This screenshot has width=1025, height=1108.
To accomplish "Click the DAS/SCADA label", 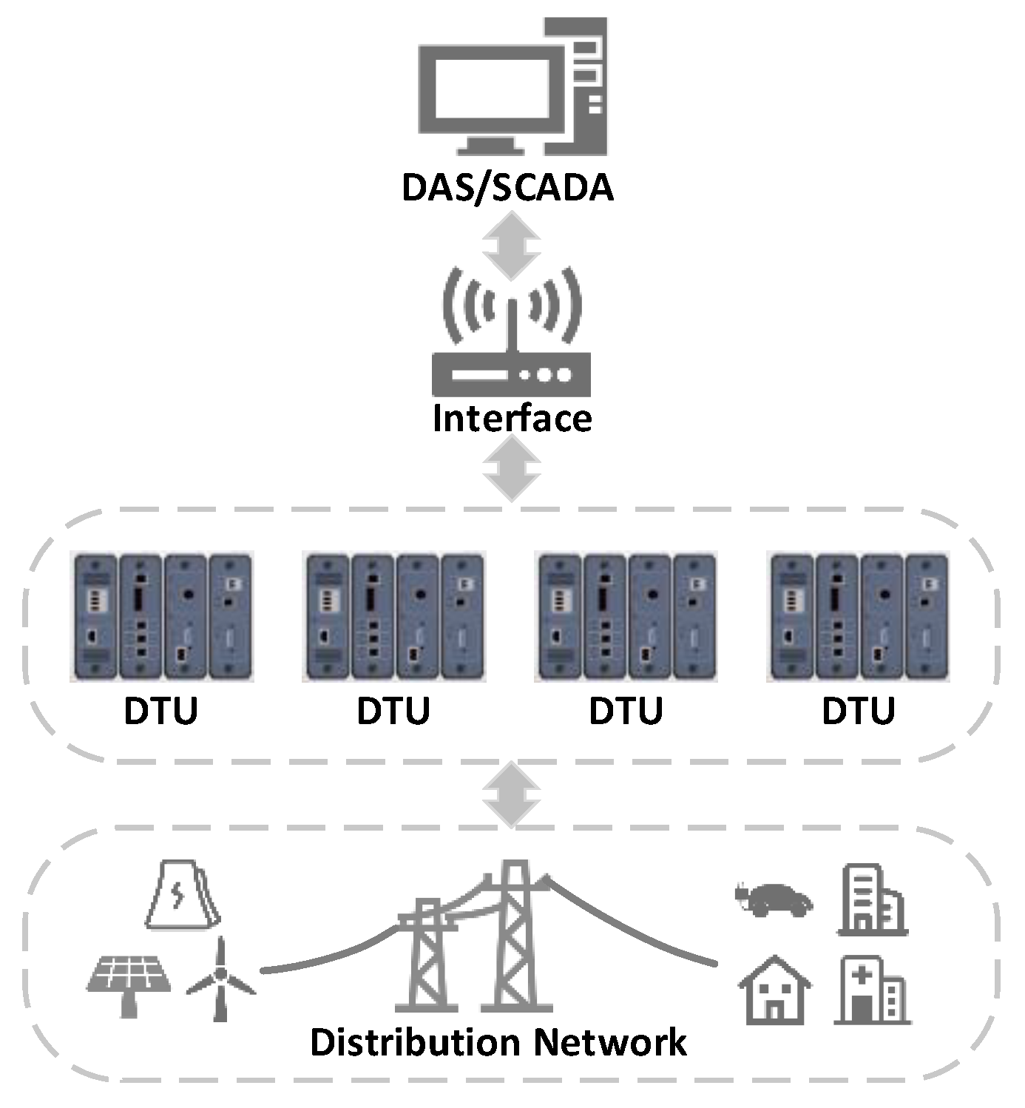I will tap(507, 188).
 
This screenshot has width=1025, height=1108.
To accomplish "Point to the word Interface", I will tap(512, 419).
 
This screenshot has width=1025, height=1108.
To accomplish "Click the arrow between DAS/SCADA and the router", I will tap(511, 246).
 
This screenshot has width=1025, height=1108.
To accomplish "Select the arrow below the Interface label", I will tap(511, 468).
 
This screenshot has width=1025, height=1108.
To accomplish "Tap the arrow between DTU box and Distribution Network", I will tap(511, 795).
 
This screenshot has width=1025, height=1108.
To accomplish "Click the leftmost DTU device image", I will tap(163, 615).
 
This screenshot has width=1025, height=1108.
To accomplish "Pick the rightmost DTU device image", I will tap(859, 615).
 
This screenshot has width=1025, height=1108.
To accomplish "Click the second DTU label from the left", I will tap(393, 711).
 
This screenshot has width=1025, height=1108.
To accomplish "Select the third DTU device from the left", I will tap(626, 615).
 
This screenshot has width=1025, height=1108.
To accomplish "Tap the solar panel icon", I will tap(129, 980).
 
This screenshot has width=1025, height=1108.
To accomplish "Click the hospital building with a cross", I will tap(872, 991).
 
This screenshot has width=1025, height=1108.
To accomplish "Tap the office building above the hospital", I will tap(872, 900).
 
